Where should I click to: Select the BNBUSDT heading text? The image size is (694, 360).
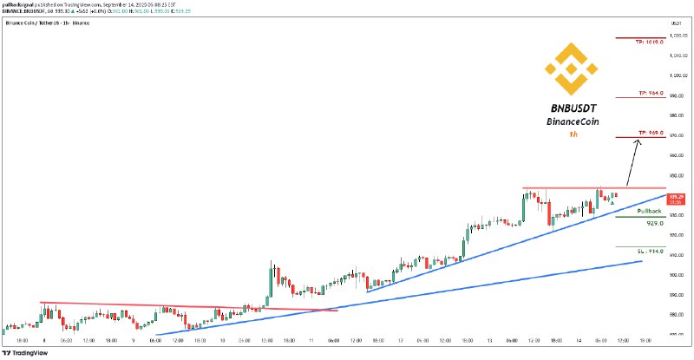click(570, 108)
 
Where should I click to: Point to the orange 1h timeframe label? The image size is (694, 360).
click(572, 135)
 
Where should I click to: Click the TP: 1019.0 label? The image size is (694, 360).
click(650, 41)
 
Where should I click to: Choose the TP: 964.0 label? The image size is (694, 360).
click(650, 92)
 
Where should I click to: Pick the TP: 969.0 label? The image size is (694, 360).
click(650, 133)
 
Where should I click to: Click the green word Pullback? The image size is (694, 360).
click(650, 211)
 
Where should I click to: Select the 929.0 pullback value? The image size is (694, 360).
click(655, 222)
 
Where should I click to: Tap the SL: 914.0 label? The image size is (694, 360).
click(651, 251)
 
